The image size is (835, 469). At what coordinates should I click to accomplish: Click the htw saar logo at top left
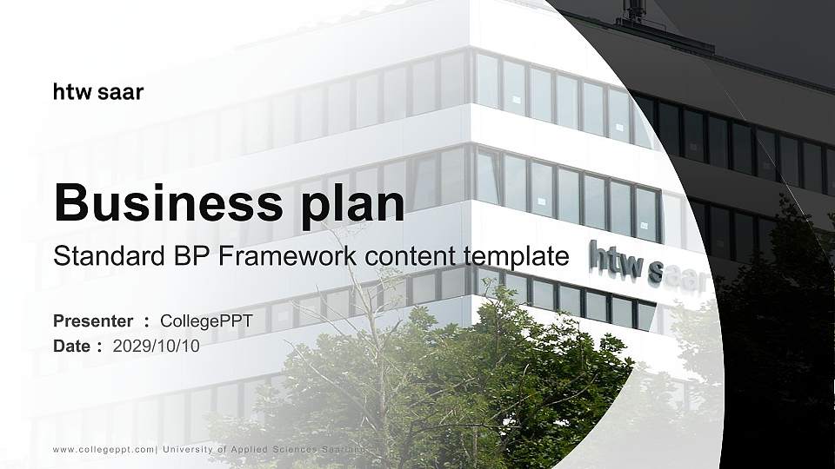pyautogui.click(x=98, y=92)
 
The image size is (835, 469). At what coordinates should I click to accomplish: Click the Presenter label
pyautogui.click(x=93, y=321)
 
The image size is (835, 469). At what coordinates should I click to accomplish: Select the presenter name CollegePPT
pyautogui.click(x=206, y=321)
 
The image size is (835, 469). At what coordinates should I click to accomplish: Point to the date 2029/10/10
pyautogui.click(x=157, y=346)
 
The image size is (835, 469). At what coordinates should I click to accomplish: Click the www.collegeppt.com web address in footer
pyautogui.click(x=104, y=449)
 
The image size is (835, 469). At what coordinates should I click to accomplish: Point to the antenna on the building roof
pyautogui.click(x=635, y=11)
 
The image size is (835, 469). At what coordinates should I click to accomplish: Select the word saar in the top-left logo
pyautogui.click(x=121, y=92)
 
